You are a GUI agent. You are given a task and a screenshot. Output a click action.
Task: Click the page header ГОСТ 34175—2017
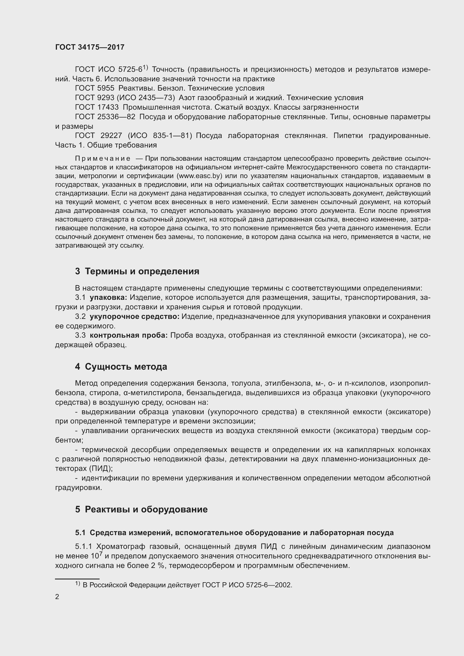pos(90,47)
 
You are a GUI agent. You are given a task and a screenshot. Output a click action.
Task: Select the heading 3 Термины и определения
pos(137,271)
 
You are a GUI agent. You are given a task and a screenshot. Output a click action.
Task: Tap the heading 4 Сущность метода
pos(121,367)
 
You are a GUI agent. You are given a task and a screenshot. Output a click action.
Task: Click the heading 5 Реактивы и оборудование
pos(141,509)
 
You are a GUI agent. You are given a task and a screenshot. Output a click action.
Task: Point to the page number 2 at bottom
pos(57,597)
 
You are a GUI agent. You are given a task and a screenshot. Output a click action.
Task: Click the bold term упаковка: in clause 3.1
pos(108,297)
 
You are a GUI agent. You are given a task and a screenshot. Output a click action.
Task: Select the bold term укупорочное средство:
pos(135,317)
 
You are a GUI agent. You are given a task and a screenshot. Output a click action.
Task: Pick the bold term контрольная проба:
pos(128,335)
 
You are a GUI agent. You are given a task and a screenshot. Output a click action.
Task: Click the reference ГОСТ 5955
pos(95,88)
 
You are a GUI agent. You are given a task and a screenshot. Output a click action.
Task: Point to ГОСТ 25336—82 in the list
pos(105,117)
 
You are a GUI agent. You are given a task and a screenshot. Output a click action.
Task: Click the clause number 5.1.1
pos(83,547)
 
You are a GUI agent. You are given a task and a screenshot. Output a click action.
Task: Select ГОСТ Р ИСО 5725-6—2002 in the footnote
pos(247,585)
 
